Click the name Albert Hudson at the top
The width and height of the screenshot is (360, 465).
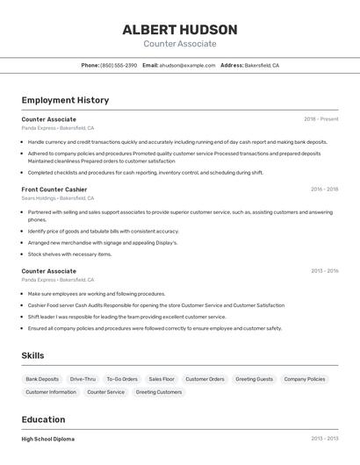pyautogui.click(x=179, y=29)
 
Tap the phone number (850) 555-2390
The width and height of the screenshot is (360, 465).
pyautogui.click(x=119, y=65)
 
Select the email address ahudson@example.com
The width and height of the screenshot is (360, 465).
pyautogui.click(x=187, y=65)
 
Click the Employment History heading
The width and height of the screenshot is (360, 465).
pyautogui.click(x=65, y=100)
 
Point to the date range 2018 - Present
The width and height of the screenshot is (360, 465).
pyautogui.click(x=320, y=119)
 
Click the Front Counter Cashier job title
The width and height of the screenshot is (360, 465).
pyautogui.click(x=54, y=190)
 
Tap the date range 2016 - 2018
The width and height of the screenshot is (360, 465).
pyautogui.click(x=324, y=190)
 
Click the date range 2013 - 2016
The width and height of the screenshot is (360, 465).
pyautogui.click(x=324, y=271)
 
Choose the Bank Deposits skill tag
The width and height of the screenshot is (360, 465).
pyautogui.click(x=42, y=379)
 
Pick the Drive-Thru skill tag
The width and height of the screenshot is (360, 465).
pyautogui.click(x=83, y=379)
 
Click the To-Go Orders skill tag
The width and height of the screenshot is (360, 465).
pyautogui.click(x=122, y=379)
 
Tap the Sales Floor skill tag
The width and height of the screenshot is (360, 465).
pyautogui.click(x=162, y=379)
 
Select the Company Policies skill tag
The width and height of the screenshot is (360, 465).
pyautogui.click(x=305, y=379)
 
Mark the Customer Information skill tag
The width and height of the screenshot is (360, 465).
pyautogui.click(x=51, y=392)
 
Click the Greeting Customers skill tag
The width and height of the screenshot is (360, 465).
pyautogui.click(x=159, y=392)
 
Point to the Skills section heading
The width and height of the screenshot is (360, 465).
pyautogui.click(x=33, y=355)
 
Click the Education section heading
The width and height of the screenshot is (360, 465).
pyautogui.click(x=43, y=419)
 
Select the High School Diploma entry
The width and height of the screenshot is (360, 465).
pyautogui.click(x=48, y=439)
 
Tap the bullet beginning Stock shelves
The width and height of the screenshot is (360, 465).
pyautogui.click(x=69, y=254)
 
